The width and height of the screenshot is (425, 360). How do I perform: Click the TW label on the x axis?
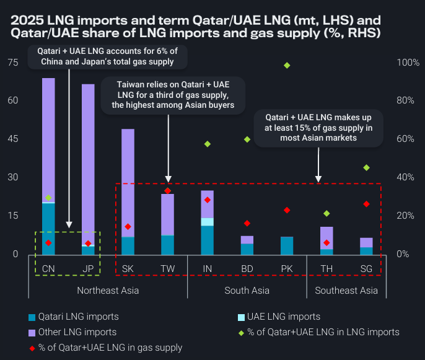(x=167, y=268)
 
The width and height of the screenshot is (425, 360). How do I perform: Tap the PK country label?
(x=287, y=268)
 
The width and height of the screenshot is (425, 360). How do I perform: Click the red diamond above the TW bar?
(x=167, y=191)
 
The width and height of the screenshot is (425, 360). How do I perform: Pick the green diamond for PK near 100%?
(x=287, y=65)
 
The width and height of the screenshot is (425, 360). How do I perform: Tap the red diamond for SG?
(x=366, y=204)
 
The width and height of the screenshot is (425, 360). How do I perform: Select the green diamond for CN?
(x=48, y=198)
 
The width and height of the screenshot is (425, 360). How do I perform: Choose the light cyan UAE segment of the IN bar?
(x=207, y=222)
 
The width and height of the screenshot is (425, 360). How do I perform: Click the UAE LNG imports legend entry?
(x=279, y=317)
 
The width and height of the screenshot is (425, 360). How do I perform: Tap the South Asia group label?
(x=247, y=290)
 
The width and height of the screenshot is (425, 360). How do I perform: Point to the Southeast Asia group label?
(x=346, y=290)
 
